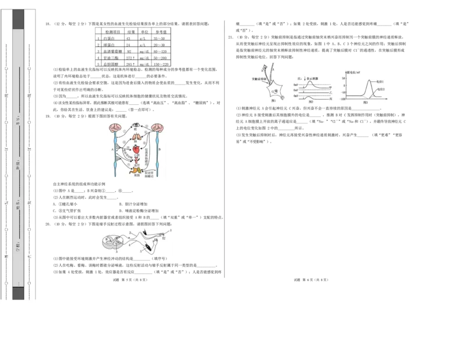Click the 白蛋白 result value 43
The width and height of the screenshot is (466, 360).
tap(128, 38)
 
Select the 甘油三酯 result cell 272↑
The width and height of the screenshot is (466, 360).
tap(130, 58)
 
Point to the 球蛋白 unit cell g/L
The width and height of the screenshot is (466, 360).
tap(143, 45)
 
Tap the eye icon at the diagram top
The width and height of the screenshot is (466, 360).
tap(136, 125)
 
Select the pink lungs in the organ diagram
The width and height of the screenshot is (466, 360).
tap(137, 137)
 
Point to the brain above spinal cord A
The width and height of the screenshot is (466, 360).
tap(115, 128)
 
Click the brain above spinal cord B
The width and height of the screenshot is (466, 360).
tap(158, 128)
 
